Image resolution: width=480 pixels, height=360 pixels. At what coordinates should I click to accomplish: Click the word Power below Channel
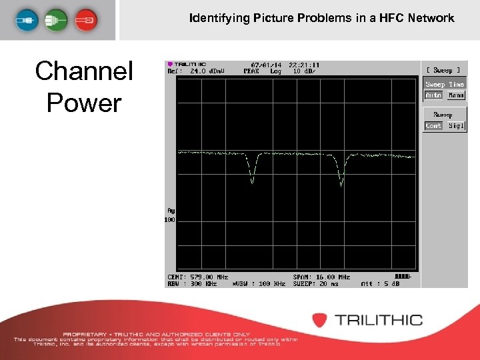coord(84,103)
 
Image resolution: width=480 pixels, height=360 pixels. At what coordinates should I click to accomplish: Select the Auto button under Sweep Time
coord(433,95)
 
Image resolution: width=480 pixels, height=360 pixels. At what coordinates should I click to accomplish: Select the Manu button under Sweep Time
coord(456,95)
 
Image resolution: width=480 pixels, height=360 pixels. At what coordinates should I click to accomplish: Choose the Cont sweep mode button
coord(433,126)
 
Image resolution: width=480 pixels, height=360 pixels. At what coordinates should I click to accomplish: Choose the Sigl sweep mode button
coord(456,126)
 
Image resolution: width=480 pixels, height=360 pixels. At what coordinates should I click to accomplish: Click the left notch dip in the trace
coord(252,177)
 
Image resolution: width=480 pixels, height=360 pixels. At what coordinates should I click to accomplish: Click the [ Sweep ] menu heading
coord(443,70)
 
